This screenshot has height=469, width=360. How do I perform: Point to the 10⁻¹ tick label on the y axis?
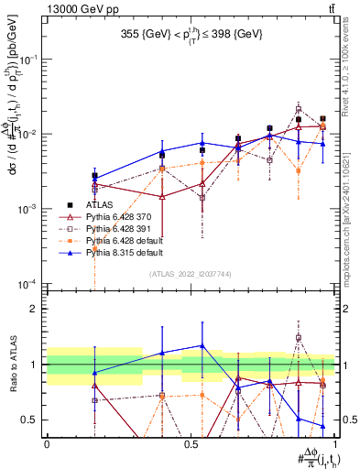tap(27, 59)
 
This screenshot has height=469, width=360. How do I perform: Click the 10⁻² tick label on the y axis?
tap(27, 134)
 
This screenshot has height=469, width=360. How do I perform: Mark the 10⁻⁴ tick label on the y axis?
tap(27, 284)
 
